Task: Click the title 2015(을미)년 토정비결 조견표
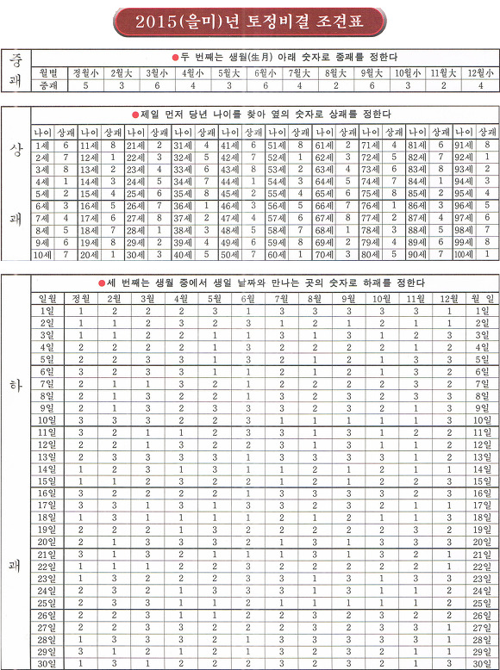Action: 249,21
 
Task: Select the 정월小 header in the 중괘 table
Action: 85,73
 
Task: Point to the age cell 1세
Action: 42,146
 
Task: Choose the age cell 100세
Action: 466,255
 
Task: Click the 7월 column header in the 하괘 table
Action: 281,298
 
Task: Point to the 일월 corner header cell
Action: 47,298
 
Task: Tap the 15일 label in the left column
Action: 47,481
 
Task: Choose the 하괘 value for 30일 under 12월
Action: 448,663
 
